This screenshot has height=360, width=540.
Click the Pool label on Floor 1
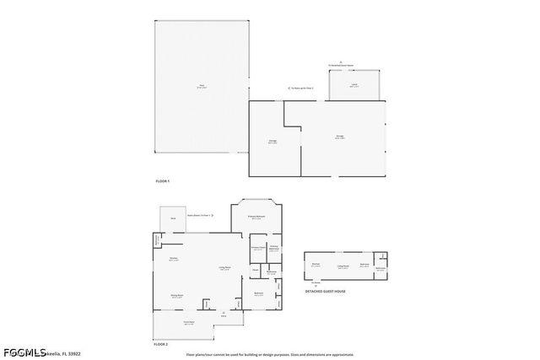click(202, 85)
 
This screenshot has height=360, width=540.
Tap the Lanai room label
click(354, 86)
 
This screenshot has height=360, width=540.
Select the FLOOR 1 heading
click(162, 181)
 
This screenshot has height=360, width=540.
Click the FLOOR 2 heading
click(161, 345)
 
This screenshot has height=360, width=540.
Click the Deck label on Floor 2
click(172, 218)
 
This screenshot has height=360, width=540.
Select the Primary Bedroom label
click(256, 218)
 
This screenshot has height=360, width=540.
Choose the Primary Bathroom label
click(273, 248)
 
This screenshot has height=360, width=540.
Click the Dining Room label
click(178, 295)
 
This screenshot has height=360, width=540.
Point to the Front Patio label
click(190, 322)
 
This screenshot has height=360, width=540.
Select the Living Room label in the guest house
click(343, 266)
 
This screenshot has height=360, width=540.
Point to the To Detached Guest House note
click(340, 67)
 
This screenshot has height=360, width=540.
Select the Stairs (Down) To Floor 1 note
click(210, 216)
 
